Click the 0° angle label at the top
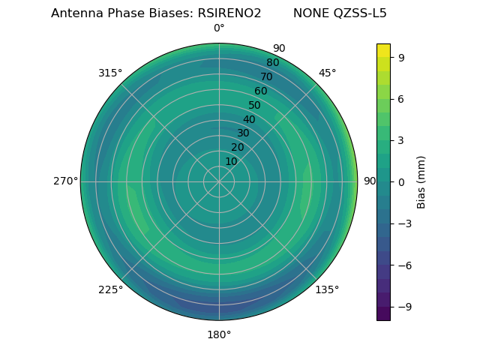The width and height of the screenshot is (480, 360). (x=219, y=28)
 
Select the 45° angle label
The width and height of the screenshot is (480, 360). (x=327, y=73)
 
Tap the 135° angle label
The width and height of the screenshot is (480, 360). (x=327, y=289)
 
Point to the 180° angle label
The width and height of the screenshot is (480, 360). (x=219, y=334)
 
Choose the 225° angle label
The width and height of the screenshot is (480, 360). (x=110, y=289)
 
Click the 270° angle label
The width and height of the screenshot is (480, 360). (x=65, y=181)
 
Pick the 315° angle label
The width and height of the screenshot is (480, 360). (x=110, y=73)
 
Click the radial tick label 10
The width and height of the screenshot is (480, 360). (x=231, y=161)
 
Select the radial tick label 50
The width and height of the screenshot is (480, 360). (x=255, y=105)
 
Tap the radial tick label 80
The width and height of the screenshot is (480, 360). (x=273, y=63)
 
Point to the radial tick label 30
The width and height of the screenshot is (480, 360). (x=243, y=133)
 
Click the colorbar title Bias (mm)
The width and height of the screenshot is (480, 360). (x=421, y=181)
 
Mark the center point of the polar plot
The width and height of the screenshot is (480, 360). (x=219, y=181)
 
